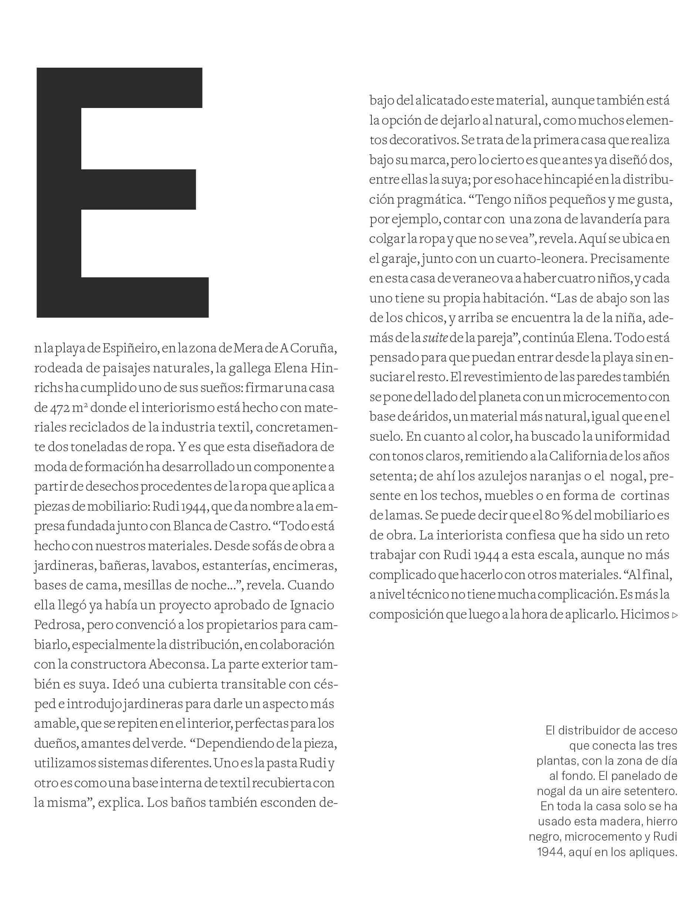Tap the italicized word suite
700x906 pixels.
click(x=435, y=338)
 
